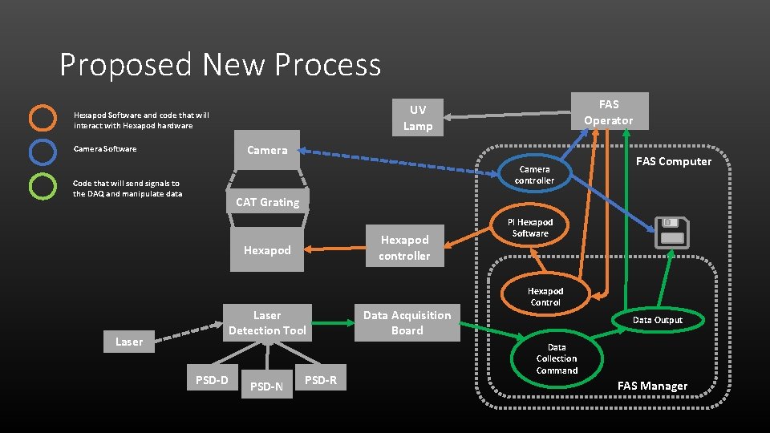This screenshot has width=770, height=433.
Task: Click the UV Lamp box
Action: click(417, 118)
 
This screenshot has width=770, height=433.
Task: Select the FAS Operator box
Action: click(608, 112)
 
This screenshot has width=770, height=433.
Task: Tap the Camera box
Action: click(267, 150)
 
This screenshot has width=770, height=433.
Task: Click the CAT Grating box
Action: click(267, 202)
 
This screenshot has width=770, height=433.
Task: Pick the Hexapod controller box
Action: click(404, 248)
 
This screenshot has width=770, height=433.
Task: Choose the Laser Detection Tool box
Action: click(267, 322)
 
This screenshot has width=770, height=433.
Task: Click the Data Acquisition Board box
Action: click(407, 322)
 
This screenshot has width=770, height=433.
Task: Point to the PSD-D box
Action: click(212, 380)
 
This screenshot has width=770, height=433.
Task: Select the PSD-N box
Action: click(266, 386)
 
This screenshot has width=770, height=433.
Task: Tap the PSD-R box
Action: click(322, 380)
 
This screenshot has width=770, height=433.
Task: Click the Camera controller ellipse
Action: click(534, 175)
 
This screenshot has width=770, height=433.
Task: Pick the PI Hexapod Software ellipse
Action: click(530, 228)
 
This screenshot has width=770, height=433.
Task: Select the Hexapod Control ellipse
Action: click(545, 297)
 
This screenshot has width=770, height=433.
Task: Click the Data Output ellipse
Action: click(657, 320)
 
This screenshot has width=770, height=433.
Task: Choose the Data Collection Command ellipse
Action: click(557, 359)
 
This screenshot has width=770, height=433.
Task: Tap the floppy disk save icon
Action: click(671, 233)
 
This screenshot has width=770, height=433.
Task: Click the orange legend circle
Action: click(43, 118)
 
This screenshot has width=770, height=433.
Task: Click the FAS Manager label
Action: click(652, 386)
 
